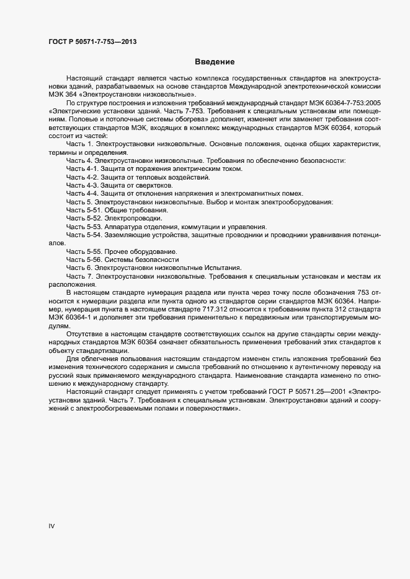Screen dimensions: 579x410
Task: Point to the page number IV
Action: (x=51, y=526)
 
